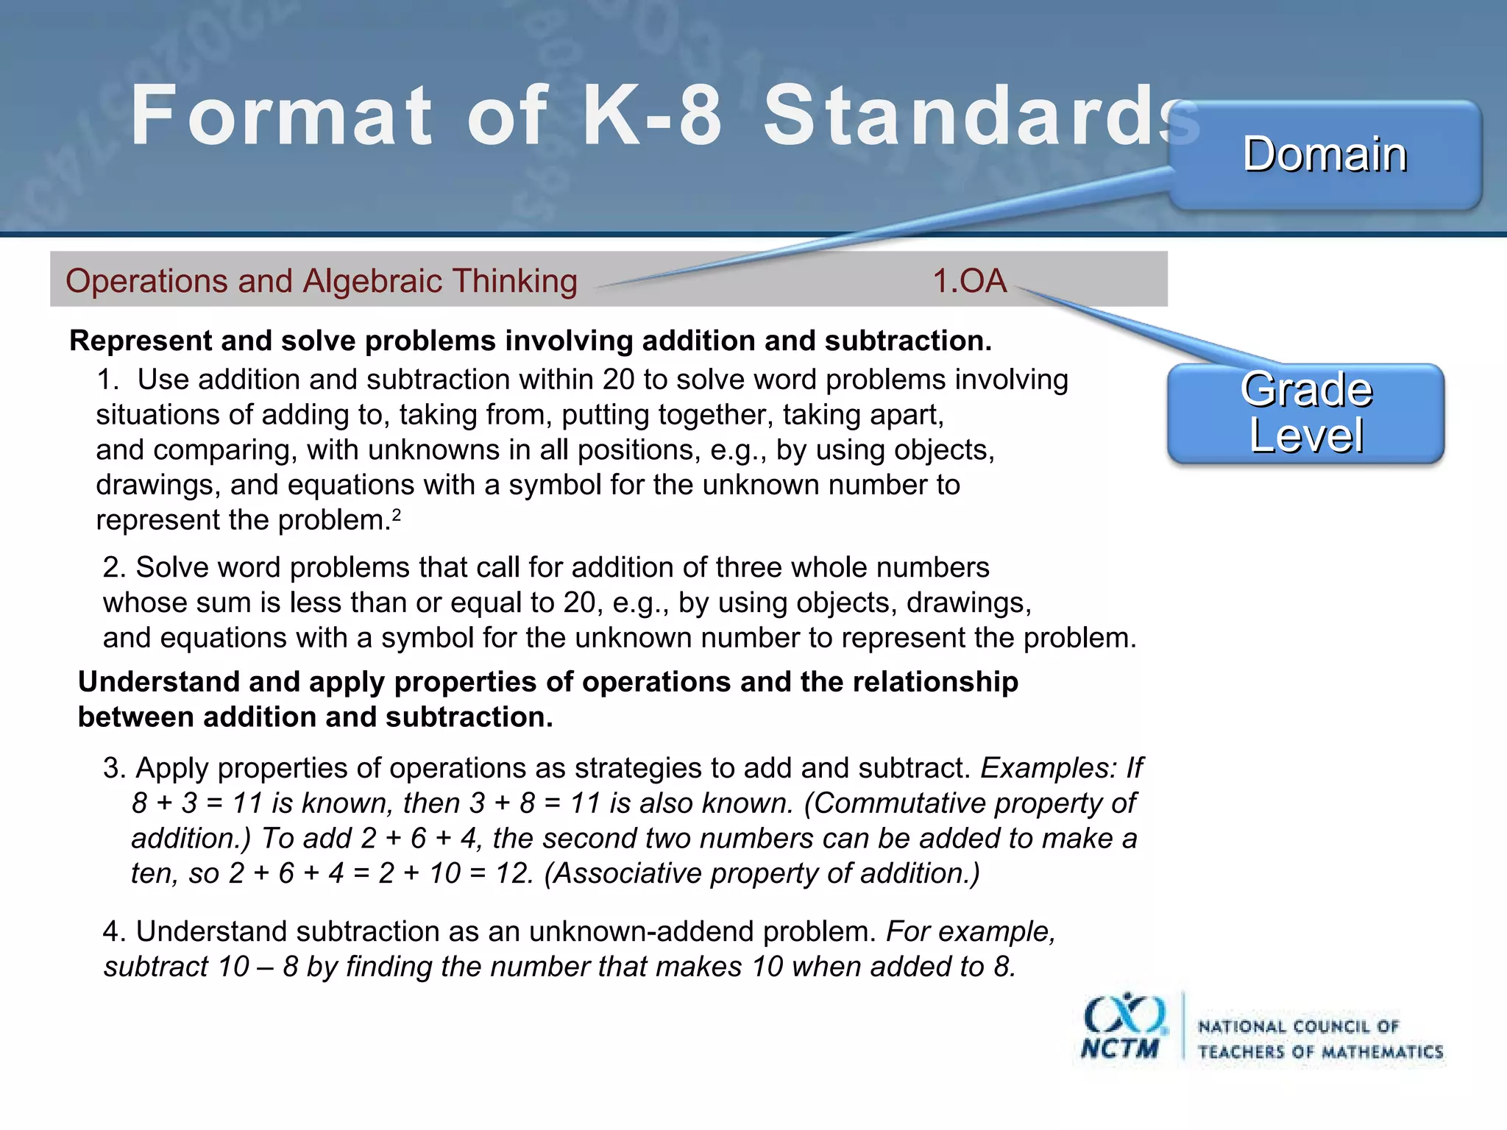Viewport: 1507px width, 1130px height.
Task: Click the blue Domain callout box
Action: [1325, 155]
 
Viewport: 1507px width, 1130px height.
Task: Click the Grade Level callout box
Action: [1306, 413]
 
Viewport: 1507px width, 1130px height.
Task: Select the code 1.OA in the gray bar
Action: [969, 281]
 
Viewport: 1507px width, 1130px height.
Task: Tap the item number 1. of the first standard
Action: [107, 380]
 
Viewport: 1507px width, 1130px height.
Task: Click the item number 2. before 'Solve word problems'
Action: [115, 568]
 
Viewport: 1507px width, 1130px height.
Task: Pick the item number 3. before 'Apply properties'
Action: [115, 769]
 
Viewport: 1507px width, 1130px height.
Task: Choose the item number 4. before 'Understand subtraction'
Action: [115, 932]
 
